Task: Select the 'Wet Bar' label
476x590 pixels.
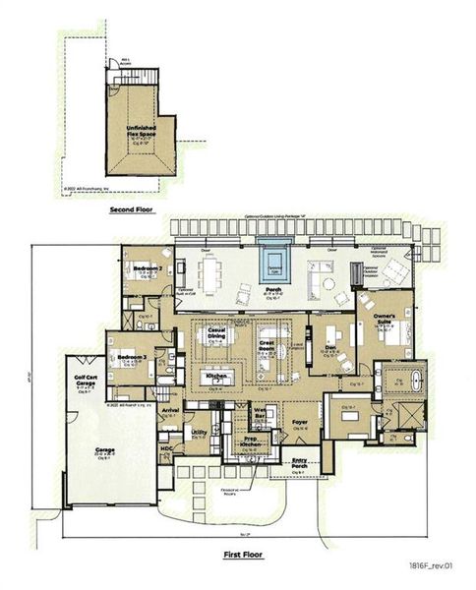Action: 261,418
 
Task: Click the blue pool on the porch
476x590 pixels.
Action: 274,264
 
